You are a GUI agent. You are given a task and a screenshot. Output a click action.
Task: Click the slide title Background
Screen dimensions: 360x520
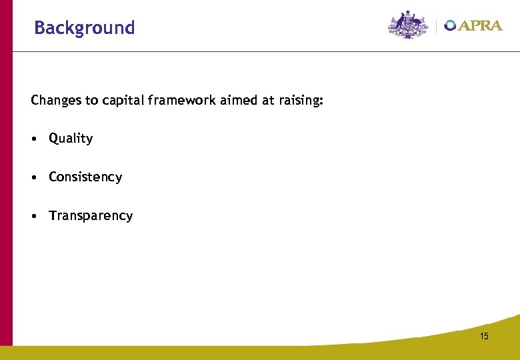(x=84, y=28)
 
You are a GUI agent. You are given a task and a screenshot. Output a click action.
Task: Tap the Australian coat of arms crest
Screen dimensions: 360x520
(x=408, y=25)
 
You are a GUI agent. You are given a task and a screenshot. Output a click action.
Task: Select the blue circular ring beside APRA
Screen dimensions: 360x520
(x=451, y=26)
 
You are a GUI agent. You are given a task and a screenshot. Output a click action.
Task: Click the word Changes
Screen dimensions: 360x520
(x=53, y=101)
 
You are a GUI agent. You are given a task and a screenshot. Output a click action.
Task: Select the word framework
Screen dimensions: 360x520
(x=177, y=101)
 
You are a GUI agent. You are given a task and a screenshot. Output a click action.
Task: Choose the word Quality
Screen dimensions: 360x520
(x=71, y=139)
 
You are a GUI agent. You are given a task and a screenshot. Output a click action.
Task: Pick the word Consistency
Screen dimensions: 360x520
(x=85, y=177)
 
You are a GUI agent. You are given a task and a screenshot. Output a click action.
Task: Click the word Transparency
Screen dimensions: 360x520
(x=91, y=216)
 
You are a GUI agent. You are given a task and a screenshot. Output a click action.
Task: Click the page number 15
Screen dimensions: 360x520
(x=483, y=336)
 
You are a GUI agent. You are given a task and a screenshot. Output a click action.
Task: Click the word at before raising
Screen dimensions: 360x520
(x=264, y=101)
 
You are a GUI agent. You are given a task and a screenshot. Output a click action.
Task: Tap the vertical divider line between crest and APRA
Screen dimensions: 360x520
(x=437, y=26)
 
